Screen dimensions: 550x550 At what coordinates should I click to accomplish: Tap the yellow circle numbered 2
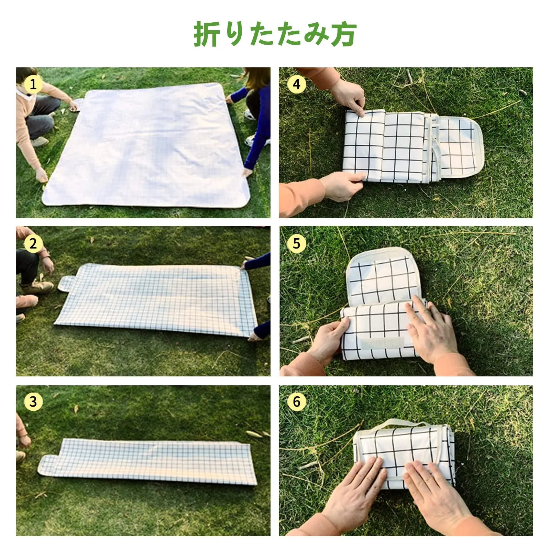click(x=33, y=244)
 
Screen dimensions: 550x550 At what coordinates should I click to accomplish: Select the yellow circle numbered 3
click(x=33, y=401)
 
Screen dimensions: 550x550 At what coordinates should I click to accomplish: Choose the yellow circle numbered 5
click(x=296, y=244)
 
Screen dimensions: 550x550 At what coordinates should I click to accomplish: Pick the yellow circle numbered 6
click(x=296, y=401)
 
